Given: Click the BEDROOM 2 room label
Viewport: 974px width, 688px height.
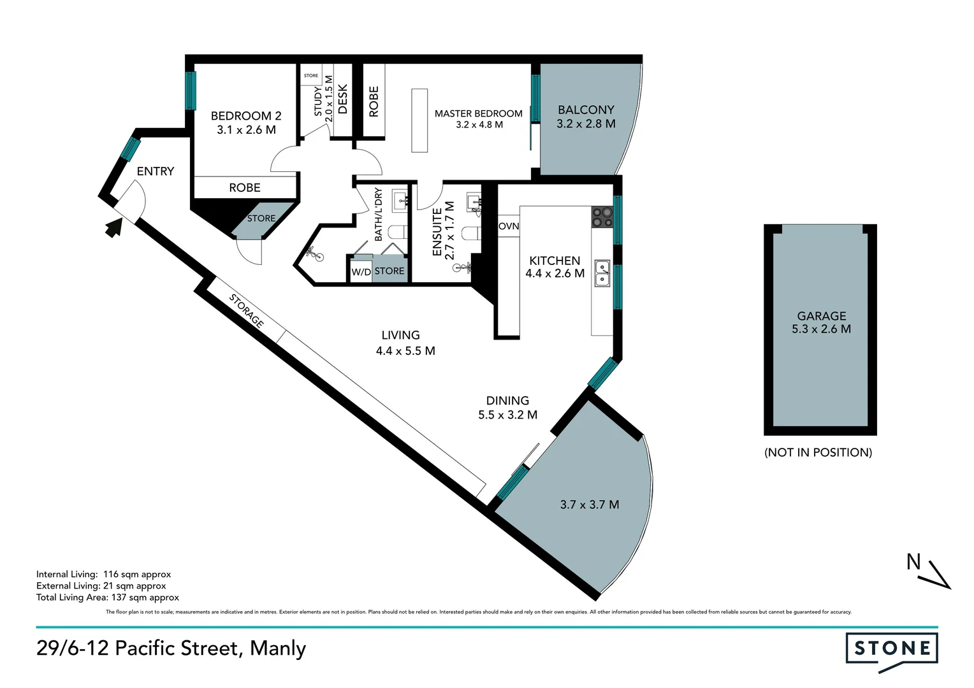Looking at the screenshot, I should [246, 116].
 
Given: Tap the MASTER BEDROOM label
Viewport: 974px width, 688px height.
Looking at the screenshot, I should [478, 113].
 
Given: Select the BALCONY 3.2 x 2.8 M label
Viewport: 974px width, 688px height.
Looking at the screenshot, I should [586, 117].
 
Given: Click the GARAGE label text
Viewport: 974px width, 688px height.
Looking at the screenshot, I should [821, 316].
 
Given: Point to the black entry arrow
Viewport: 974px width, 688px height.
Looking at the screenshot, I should [113, 227].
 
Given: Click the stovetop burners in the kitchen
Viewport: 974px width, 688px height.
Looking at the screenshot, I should [601, 217].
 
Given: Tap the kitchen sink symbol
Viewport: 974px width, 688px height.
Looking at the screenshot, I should [601, 273].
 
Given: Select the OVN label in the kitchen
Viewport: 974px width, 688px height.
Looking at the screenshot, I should [509, 226].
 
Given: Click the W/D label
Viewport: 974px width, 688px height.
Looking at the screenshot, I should [361, 272].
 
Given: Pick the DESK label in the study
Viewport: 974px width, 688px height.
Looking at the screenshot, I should [343, 99].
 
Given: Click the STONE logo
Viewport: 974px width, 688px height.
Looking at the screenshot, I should [891, 649].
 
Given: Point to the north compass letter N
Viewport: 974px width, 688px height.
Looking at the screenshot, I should [913, 562].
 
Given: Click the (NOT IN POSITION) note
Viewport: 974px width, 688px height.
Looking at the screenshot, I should [818, 452].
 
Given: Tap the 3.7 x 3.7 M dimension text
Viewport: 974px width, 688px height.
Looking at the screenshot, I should [590, 505].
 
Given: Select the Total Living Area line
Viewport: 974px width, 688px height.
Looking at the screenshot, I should [108, 598].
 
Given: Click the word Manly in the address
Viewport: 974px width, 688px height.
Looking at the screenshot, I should [278, 648].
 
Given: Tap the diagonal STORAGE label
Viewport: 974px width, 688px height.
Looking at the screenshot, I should [246, 310].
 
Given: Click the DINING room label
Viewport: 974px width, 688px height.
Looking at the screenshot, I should [507, 401].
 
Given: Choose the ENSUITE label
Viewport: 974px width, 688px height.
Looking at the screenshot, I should [437, 232].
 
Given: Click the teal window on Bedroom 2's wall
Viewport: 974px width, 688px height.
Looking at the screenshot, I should [191, 90].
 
